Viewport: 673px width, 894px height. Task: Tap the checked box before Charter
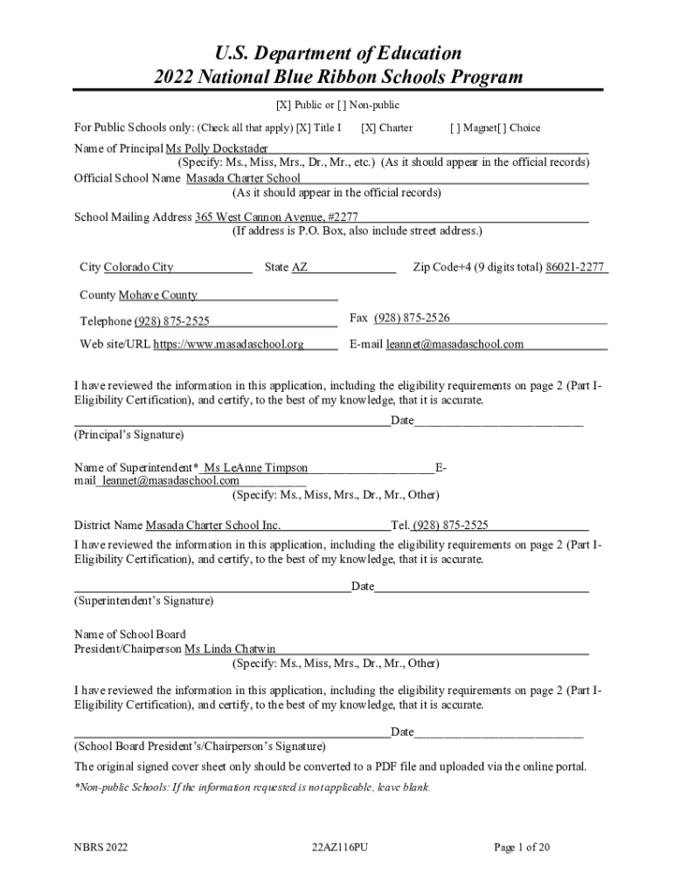coord(368,127)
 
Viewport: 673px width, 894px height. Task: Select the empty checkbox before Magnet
coord(455,127)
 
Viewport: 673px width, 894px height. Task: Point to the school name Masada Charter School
coord(243,178)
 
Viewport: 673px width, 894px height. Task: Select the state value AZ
coord(300,267)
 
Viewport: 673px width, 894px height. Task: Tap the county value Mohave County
coord(158,295)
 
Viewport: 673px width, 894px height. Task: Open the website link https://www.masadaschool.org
coord(229,344)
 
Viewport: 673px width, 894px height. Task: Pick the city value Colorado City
coord(139,267)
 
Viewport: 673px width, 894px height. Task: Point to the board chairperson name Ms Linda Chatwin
coord(231,649)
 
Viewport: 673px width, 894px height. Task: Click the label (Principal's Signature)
coord(129,434)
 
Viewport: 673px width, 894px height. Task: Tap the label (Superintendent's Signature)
coord(143,601)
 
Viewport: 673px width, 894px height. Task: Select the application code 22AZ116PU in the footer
coord(339,847)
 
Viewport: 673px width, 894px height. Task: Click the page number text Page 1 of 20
coord(522,847)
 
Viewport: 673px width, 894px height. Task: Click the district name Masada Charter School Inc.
coord(212,526)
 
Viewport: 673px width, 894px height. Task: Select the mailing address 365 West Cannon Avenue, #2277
coord(276,217)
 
